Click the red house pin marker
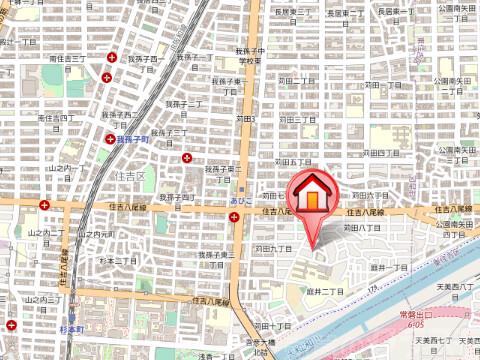tap(313, 197)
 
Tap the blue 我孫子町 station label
tap(132, 140)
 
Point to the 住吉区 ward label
tap(128, 175)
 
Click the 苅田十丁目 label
tap(272, 326)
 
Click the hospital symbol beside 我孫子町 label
tap(110, 139)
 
